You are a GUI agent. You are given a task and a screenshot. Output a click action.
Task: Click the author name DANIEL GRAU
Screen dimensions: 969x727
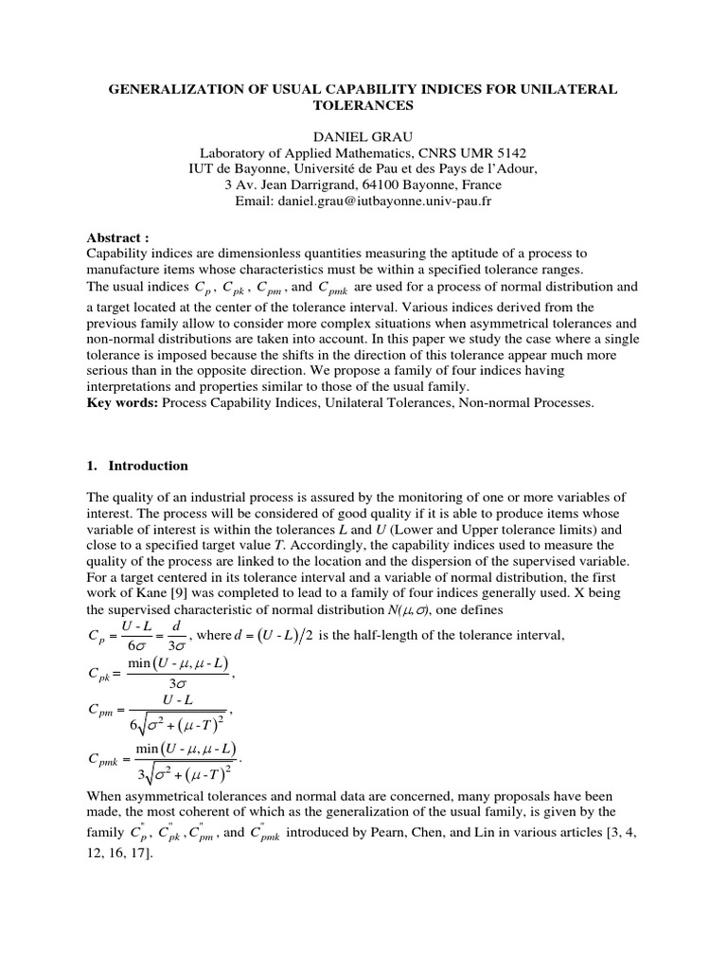coord(363,136)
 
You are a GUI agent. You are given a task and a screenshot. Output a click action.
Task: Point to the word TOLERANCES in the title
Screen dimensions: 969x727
coord(363,104)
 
